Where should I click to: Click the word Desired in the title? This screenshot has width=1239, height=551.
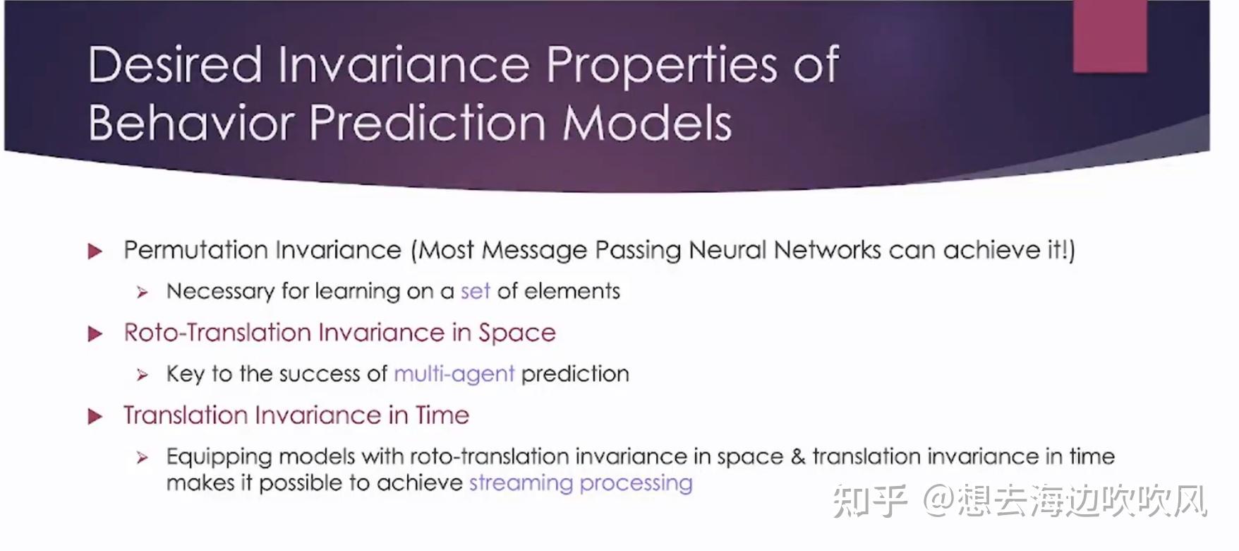coord(175,65)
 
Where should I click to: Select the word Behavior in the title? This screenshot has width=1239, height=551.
coord(191,123)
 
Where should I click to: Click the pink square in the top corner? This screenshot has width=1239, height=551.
coord(1110,35)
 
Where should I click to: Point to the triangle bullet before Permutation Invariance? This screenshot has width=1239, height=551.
coord(95,251)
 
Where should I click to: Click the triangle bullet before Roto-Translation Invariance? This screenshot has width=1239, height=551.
coord(95,334)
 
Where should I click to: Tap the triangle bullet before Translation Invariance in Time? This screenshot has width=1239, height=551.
coord(95,417)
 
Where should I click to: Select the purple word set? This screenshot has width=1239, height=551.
coord(475,291)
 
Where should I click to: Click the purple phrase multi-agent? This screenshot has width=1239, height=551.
coord(454,374)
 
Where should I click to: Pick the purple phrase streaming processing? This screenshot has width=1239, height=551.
coord(581,483)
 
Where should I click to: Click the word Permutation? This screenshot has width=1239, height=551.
coord(192,250)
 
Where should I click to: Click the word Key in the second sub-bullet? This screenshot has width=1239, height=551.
coord(185,374)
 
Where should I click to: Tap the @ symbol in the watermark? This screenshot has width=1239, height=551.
coord(938,501)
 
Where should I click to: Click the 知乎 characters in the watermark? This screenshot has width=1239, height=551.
coord(870,501)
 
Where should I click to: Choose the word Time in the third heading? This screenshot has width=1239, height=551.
coord(442,415)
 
